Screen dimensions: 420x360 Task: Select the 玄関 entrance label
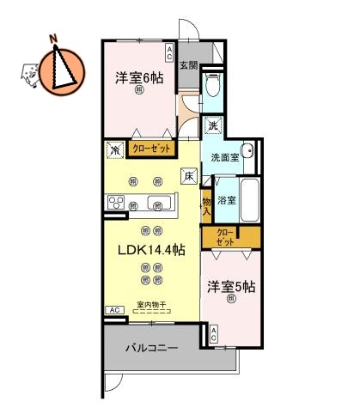click(189, 65)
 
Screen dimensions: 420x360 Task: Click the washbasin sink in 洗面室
click(247, 151)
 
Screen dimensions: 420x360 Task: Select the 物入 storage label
click(206, 206)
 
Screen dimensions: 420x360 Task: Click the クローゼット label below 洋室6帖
click(151, 149)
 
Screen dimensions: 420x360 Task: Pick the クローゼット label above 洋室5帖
click(225, 236)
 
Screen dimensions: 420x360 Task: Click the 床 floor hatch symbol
click(188, 177)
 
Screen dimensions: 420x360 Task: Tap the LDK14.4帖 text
click(151, 250)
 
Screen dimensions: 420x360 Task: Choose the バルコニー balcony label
click(150, 350)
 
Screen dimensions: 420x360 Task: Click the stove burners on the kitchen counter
click(115, 203)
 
